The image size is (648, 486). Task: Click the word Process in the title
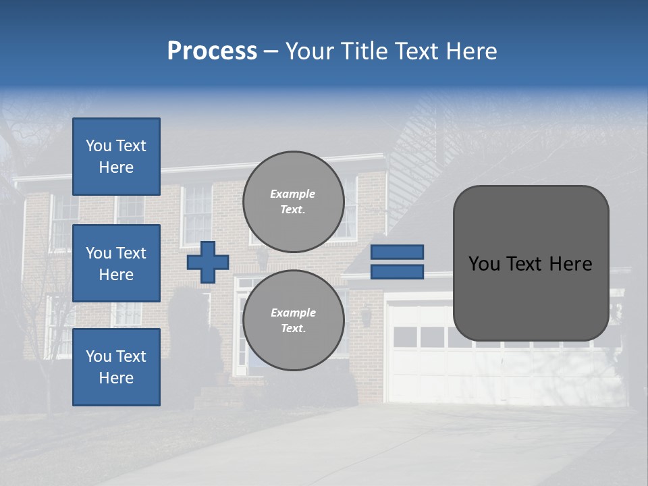pos(212,51)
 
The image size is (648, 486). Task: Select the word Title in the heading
pos(363,51)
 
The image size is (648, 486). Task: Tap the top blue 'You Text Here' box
pos(116,157)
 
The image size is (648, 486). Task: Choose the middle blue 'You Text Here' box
pos(116,263)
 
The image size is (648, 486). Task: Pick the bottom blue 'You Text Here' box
pos(116,367)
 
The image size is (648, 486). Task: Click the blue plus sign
pos(208,262)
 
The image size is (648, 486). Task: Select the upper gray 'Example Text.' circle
pos(293,202)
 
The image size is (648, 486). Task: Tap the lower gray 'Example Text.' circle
pos(293,321)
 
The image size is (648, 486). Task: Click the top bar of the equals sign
pos(397,252)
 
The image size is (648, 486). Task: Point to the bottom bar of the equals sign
pos(397,272)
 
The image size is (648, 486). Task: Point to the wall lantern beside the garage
pos(366,315)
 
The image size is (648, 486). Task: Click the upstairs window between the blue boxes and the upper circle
pos(197,215)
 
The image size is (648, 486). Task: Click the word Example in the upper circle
pos(292,194)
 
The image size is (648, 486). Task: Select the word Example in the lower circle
pos(293,313)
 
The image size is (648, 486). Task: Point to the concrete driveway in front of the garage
pos(405,446)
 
